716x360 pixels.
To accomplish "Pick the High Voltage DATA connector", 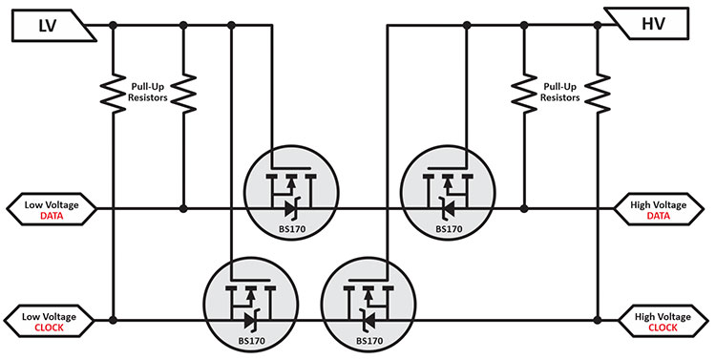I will pyautogui.click(x=660, y=208).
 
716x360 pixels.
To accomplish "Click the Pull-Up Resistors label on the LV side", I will pyautogui.click(x=149, y=91).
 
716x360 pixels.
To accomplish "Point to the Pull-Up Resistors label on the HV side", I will pyautogui.click(x=560, y=91).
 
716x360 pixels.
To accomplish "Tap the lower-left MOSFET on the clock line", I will pyautogui.click(x=247, y=304).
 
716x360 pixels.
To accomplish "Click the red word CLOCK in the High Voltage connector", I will pyautogui.click(x=660, y=327).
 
